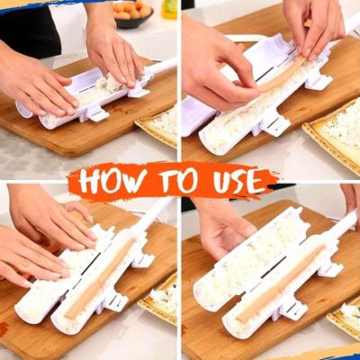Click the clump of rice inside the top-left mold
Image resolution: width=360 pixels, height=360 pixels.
[x=109, y=85]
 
